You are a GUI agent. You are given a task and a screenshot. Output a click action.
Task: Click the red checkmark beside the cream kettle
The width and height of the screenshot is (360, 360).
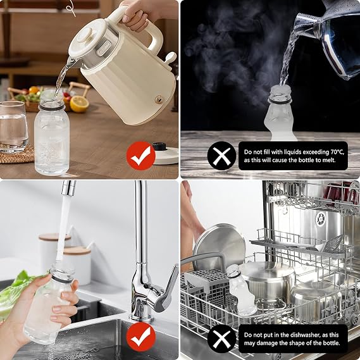tap(140, 156)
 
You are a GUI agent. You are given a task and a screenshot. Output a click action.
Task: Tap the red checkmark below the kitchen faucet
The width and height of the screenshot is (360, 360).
tap(140, 337)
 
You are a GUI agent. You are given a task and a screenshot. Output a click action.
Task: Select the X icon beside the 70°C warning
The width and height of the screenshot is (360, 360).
tap(221, 156)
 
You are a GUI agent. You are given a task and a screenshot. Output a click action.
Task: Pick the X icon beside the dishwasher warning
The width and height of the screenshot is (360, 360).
tap(221, 338)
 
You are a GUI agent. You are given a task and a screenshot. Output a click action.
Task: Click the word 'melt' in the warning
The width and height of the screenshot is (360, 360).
tap(329, 160)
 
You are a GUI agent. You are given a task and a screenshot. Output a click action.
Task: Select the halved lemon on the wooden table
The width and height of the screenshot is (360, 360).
tap(79, 104)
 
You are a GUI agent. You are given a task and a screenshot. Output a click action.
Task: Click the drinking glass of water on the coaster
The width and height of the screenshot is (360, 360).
tap(13, 127)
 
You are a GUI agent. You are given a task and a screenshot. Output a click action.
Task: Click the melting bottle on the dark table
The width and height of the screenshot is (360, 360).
tap(282, 113)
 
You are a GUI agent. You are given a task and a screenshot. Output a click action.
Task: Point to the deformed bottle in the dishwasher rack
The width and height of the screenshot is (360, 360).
tap(243, 290)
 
